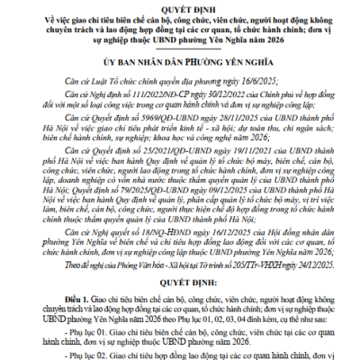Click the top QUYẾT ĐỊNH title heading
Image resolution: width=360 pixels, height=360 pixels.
coord(180,6)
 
